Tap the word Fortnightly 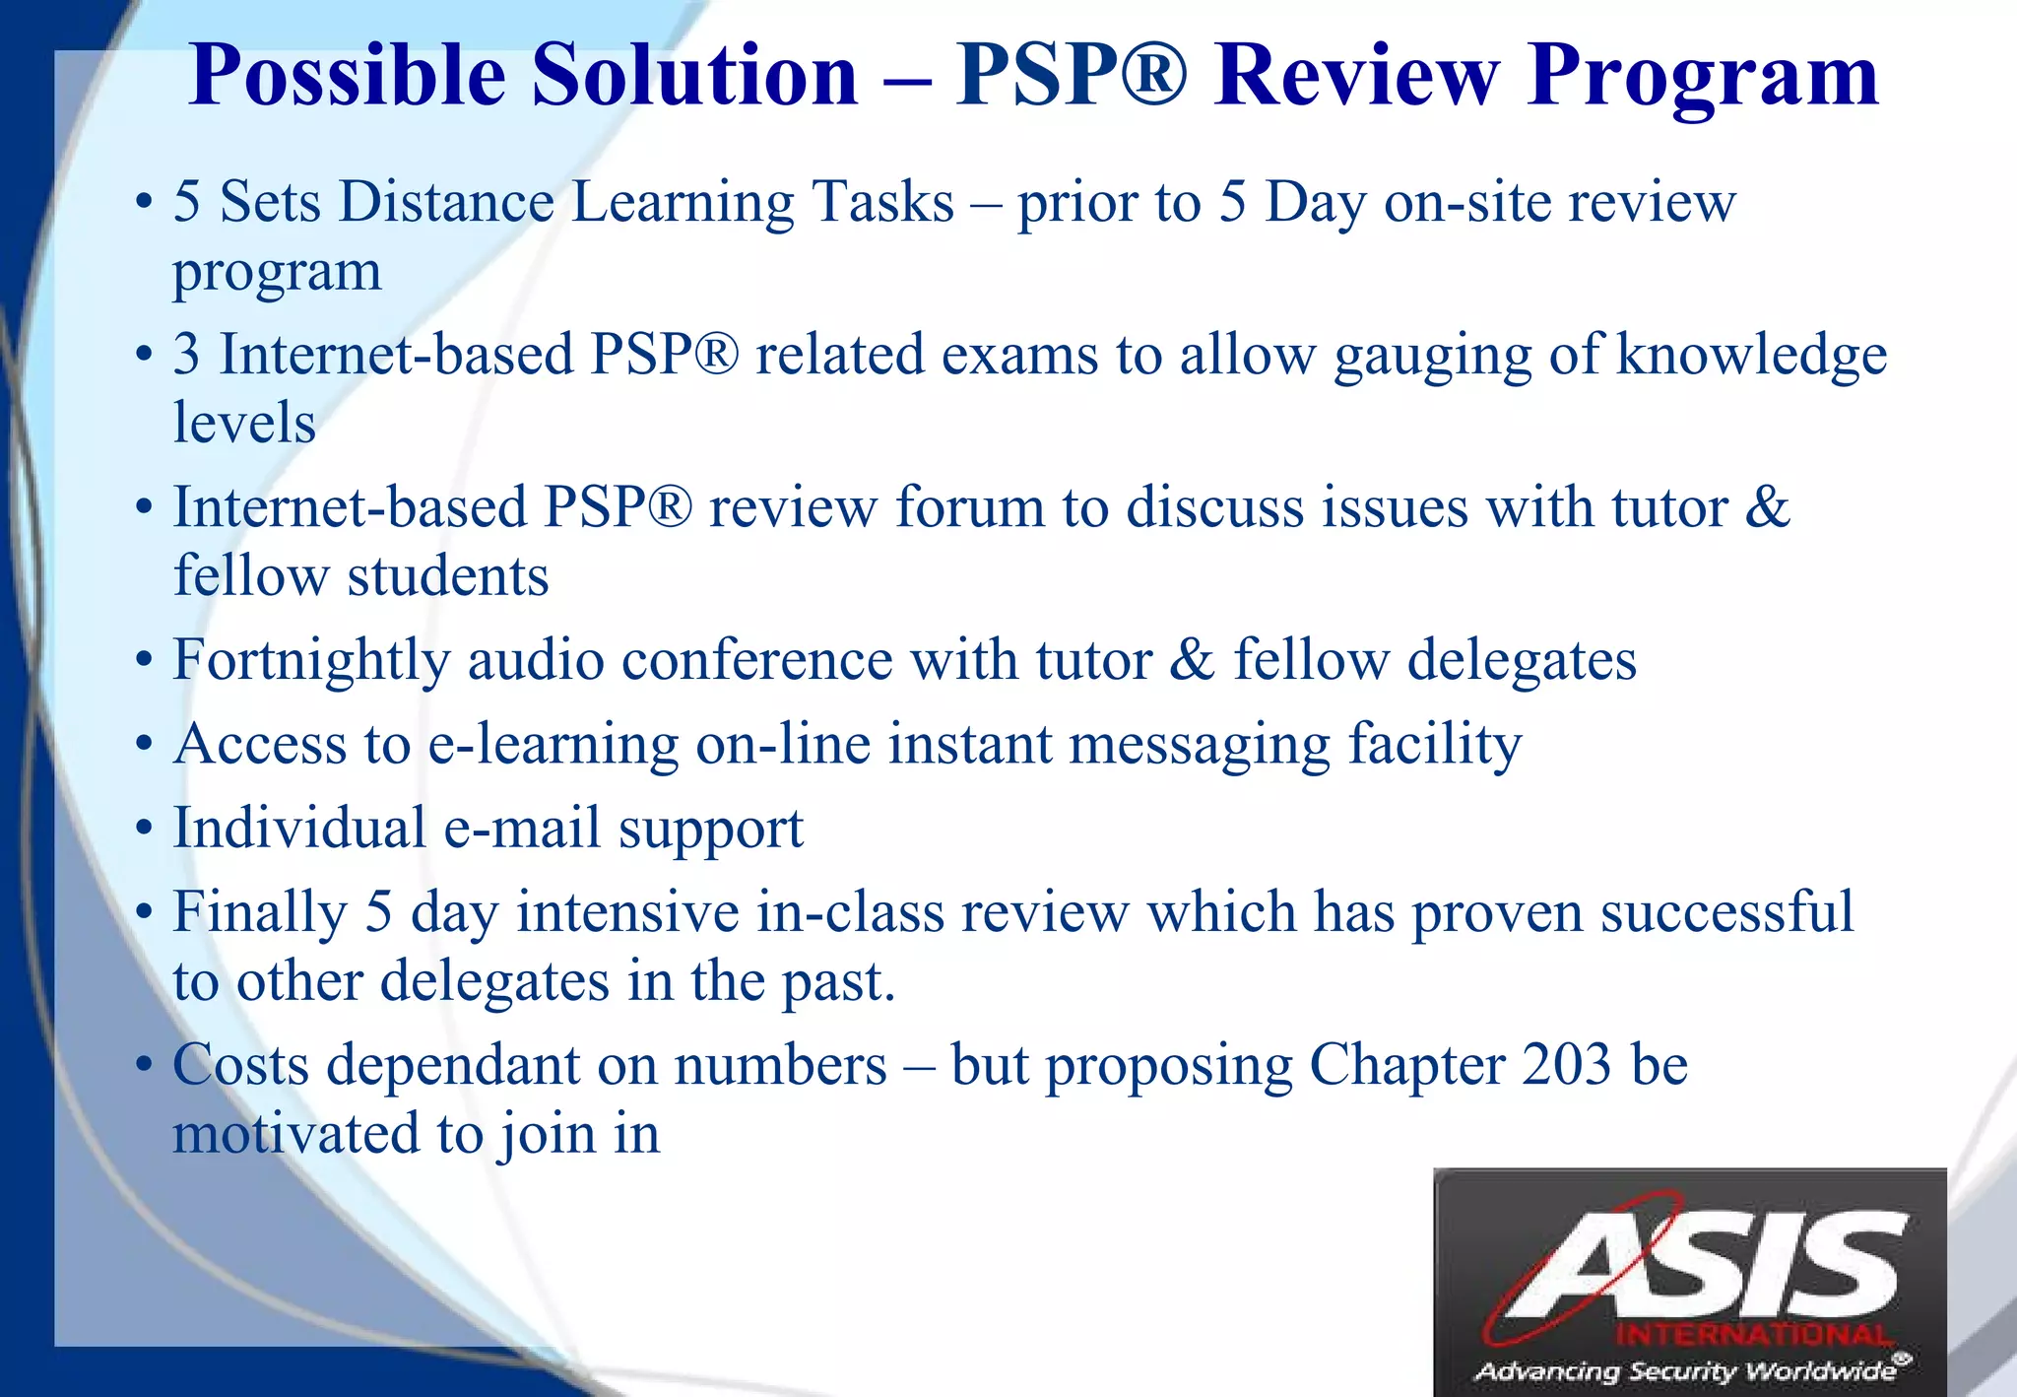311,661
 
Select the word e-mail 522,828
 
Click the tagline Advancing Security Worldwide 1685,1370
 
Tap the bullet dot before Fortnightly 145,661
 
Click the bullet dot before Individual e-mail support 145,829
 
